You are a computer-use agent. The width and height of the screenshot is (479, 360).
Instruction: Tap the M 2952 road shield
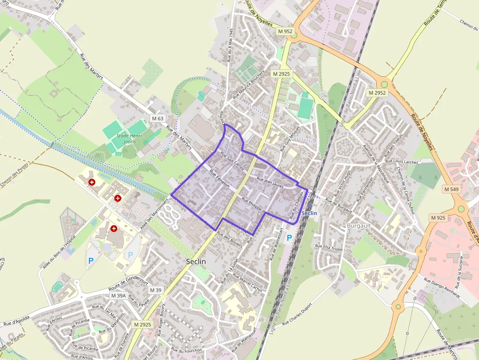[377, 92]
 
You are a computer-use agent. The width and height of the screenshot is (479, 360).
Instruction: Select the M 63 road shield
[157, 118]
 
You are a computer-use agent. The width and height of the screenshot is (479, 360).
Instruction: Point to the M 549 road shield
[452, 189]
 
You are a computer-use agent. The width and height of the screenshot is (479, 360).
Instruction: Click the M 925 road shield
[438, 217]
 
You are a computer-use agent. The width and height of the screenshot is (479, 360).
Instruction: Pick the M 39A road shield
[118, 296]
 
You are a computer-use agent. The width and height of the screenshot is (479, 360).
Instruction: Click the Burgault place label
[359, 226]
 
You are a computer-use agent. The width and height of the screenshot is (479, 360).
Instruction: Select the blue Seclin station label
[309, 213]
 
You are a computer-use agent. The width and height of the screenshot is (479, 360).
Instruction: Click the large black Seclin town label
[196, 262]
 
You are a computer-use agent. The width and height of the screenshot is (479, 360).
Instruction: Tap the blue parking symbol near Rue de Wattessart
[289, 238]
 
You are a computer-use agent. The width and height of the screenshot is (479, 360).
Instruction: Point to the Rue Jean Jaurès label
[270, 183]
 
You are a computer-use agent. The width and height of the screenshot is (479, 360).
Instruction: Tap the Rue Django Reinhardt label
[442, 288]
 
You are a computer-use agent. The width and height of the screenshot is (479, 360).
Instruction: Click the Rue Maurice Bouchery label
[249, 83]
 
